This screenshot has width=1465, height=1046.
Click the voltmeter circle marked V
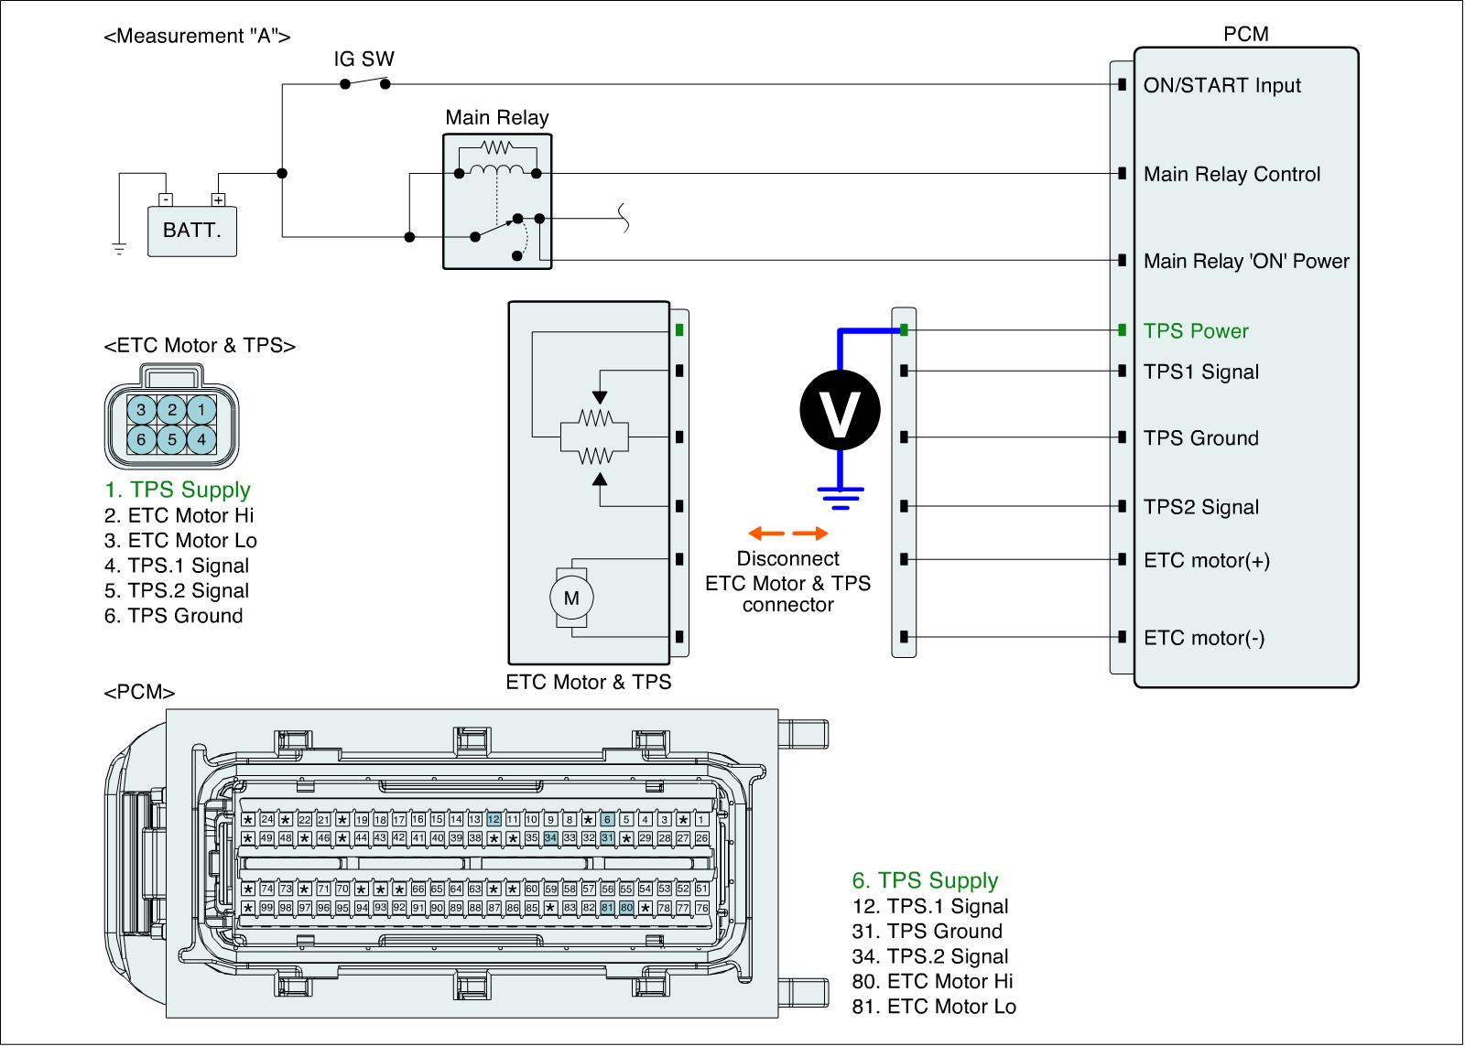pos(840,412)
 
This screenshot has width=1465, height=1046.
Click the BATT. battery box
pos(191,230)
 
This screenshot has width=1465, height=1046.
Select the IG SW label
pos(364,59)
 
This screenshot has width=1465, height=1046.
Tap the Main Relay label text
pos(496,117)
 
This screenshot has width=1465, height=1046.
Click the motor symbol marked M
pos(571,598)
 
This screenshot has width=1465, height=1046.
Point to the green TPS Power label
pos(1195,331)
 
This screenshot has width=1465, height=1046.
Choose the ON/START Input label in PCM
pos(1221,85)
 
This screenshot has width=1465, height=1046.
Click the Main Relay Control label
pos(1232,174)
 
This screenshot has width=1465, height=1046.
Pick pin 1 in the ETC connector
pos(202,409)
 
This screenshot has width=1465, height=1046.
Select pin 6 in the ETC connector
pos(141,439)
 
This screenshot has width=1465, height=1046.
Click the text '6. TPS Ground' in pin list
pos(173,616)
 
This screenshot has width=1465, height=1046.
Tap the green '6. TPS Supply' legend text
pos(925,880)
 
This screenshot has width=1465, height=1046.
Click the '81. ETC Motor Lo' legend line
pos(933,1007)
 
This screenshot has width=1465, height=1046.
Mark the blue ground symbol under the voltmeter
pos(840,497)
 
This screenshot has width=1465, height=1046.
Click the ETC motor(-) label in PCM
pos(1204,638)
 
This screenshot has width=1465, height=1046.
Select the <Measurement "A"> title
pos(198,37)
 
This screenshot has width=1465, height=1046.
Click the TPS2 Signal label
pos(1200,507)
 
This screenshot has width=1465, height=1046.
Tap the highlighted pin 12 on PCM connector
pos(494,820)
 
